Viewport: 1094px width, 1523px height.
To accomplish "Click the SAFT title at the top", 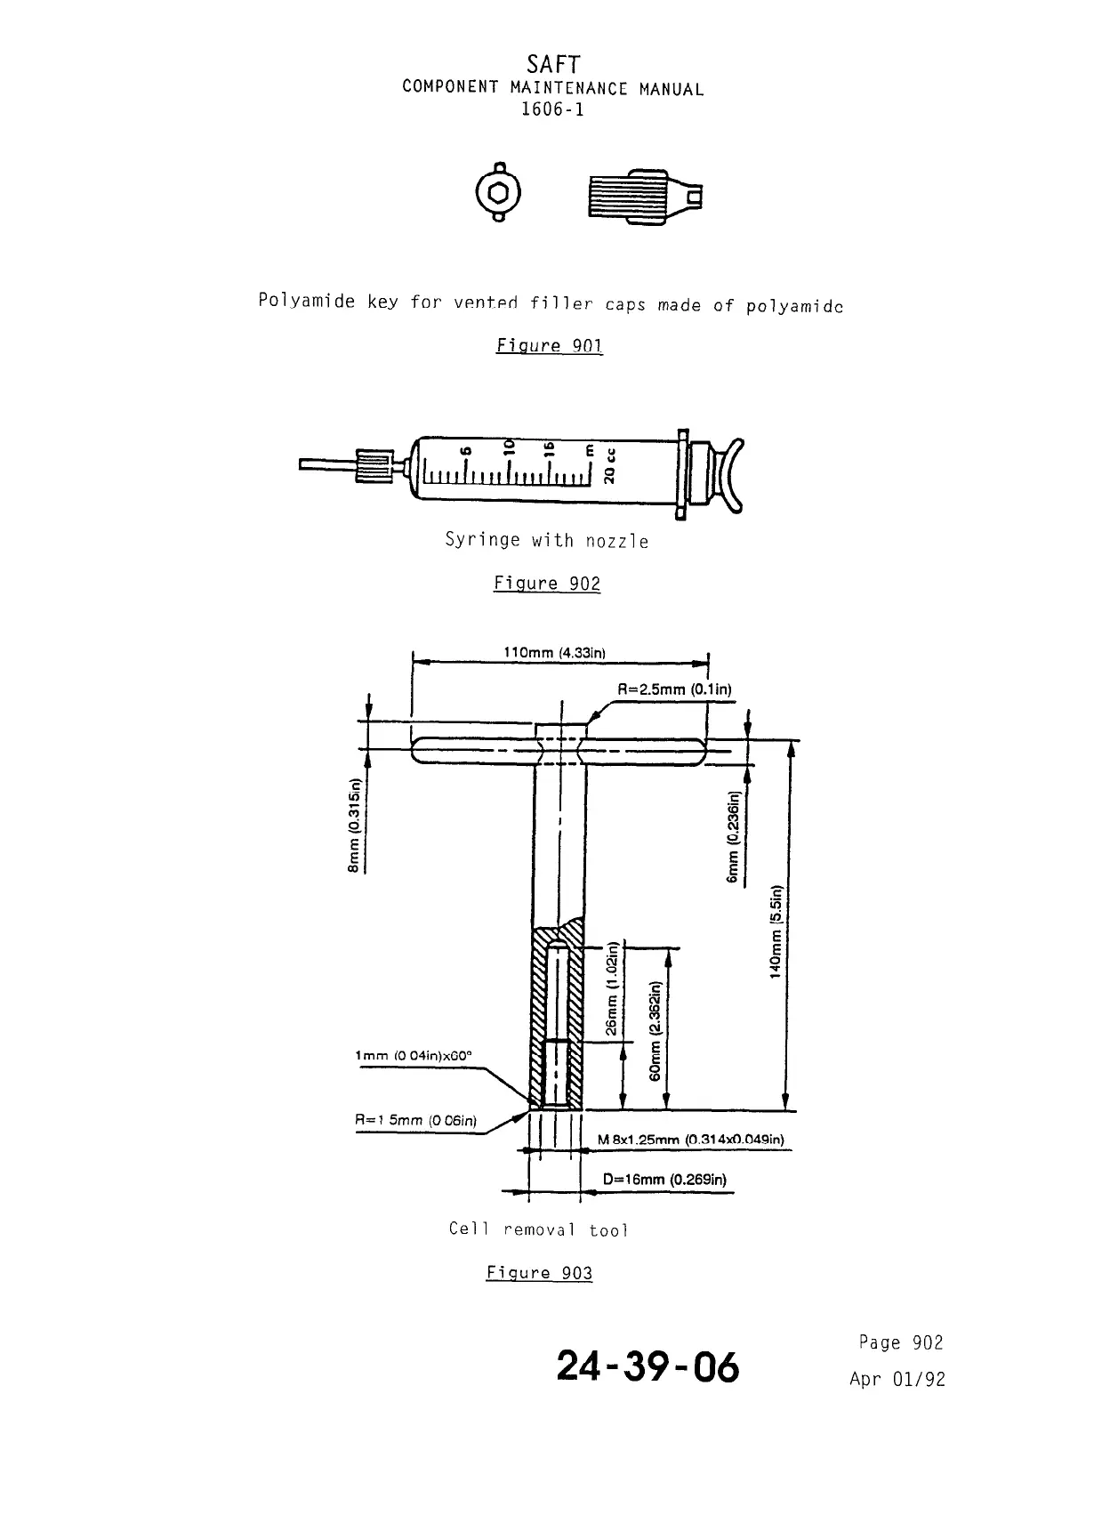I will [552, 65].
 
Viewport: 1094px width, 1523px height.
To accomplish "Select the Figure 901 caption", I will [550, 345].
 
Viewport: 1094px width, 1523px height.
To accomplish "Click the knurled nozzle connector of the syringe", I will [374, 466].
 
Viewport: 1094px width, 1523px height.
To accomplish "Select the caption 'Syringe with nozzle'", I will [546, 541].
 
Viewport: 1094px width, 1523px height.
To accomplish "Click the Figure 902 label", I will [547, 584].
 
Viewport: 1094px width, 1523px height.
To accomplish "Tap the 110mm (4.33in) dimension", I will [555, 653].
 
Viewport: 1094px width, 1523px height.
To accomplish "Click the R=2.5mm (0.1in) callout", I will [674, 689].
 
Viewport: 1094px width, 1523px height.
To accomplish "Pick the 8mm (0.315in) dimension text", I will [355, 826].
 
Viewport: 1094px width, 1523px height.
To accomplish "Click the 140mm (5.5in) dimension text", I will [776, 931].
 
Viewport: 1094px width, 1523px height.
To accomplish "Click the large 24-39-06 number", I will [648, 1366].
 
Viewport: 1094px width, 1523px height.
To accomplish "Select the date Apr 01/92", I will [897, 1380].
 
